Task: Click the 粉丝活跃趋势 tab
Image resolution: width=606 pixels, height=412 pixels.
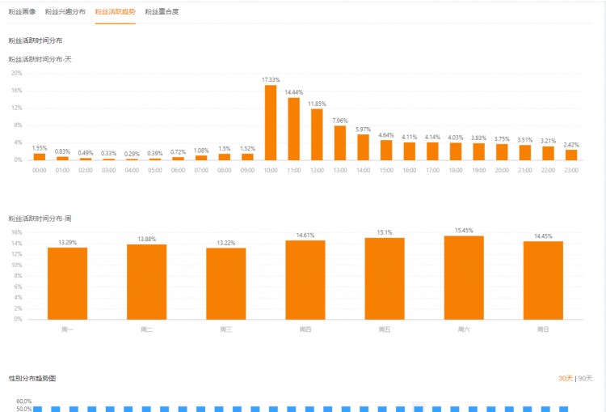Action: point(115,12)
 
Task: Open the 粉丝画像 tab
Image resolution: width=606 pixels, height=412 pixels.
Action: point(22,12)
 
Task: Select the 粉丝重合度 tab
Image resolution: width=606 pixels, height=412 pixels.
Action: point(162,12)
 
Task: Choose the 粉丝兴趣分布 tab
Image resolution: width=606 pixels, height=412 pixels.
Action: point(65,12)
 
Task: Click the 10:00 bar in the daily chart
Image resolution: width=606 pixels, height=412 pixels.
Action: point(271,122)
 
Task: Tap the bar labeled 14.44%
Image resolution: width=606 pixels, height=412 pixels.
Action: point(294,129)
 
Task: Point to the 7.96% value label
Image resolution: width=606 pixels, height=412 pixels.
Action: point(340,121)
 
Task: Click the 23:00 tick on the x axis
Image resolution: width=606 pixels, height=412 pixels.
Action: point(571,170)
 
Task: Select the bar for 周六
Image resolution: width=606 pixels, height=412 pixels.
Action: point(464,278)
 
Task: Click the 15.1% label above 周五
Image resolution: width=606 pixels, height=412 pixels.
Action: point(385,232)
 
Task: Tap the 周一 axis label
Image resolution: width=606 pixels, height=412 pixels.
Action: point(67,329)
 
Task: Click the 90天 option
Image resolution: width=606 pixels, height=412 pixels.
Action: point(585,378)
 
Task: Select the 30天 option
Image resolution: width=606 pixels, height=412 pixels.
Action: point(565,378)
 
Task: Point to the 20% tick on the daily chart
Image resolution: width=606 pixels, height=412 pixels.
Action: point(16,73)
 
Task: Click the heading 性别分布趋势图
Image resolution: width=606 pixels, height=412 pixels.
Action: point(32,378)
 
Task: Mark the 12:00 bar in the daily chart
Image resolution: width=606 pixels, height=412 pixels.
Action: point(317,134)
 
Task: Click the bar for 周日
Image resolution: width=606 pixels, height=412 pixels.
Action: point(543,280)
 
